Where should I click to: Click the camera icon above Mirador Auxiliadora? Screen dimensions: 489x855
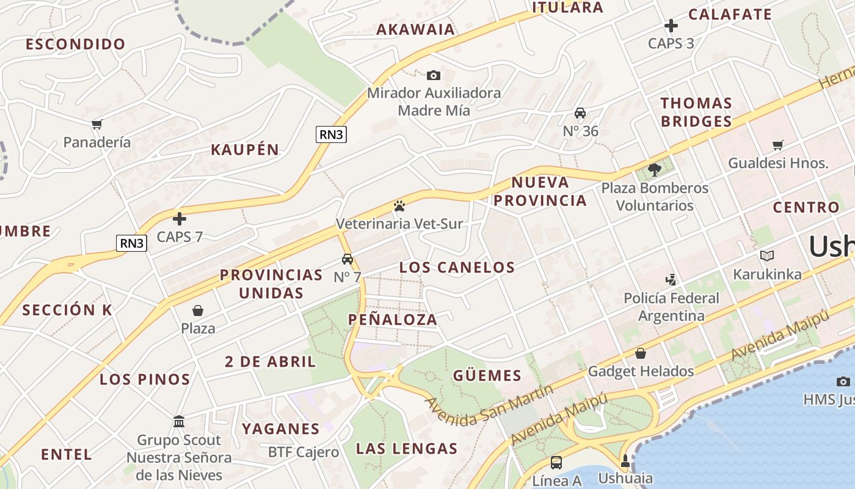pyautogui.click(x=433, y=75)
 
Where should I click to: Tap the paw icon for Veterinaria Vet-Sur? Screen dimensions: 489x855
pyautogui.click(x=399, y=206)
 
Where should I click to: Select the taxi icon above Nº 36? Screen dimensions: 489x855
pyautogui.click(x=580, y=113)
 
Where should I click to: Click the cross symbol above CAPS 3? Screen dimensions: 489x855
pyautogui.click(x=671, y=26)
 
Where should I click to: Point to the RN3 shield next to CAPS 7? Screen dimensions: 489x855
pyautogui.click(x=131, y=243)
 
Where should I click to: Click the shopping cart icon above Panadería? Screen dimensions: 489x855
pyautogui.click(x=96, y=125)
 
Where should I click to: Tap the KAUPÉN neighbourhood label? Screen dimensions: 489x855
pyautogui.click(x=245, y=150)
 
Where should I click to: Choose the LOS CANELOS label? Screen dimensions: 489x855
pyautogui.click(x=457, y=267)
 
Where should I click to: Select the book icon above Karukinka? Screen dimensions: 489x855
pyautogui.click(x=767, y=256)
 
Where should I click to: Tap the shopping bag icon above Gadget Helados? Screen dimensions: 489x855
pyautogui.click(x=641, y=353)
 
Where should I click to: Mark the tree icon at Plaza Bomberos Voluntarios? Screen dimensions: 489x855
pyautogui.click(x=655, y=169)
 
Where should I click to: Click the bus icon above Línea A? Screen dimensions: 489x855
pyautogui.click(x=556, y=463)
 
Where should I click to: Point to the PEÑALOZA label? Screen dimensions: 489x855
pyautogui.click(x=393, y=319)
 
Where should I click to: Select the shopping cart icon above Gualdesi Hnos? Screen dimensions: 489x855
pyautogui.click(x=777, y=145)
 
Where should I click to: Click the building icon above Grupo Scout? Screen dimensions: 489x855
pyautogui.click(x=179, y=422)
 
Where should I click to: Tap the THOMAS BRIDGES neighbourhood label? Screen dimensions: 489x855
pyautogui.click(x=696, y=112)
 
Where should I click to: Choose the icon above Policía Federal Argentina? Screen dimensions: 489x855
pyautogui.click(x=671, y=280)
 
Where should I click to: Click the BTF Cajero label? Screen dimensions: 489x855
pyautogui.click(x=304, y=452)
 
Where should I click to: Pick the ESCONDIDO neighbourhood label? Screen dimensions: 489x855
pyautogui.click(x=76, y=44)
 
